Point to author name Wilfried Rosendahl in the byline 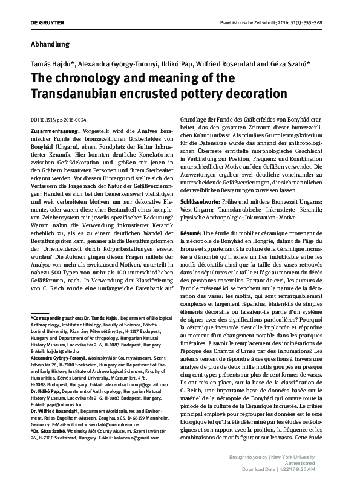(x=226, y=63)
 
